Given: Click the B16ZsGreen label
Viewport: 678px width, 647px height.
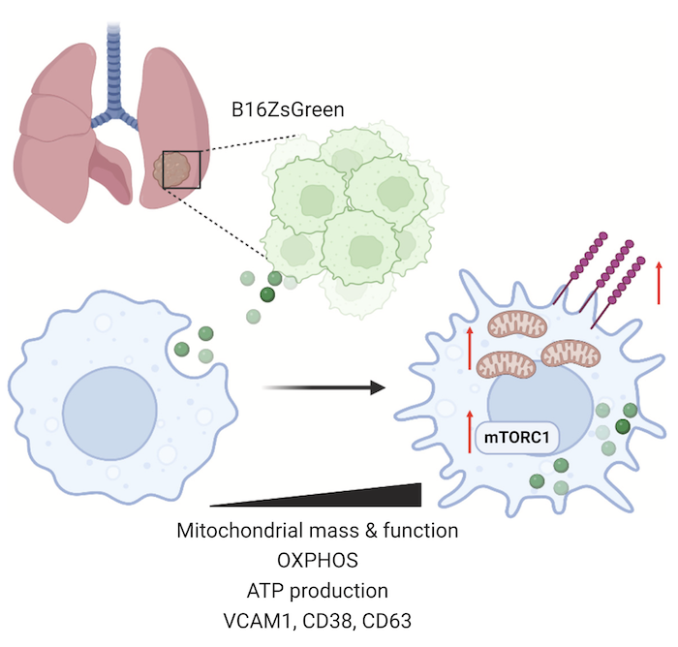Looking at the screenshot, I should (x=287, y=108).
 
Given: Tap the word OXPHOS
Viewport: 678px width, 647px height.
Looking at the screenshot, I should (x=317, y=561).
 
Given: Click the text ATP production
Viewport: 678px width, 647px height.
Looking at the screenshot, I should (x=317, y=591).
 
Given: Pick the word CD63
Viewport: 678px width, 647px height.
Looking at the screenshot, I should (x=397, y=621).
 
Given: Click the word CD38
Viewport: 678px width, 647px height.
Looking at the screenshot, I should (x=321, y=621).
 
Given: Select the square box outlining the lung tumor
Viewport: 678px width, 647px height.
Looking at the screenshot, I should (x=181, y=169).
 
